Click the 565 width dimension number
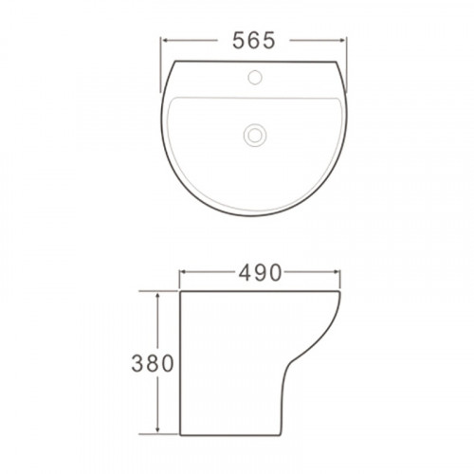[x=254, y=41]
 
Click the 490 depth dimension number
[x=260, y=273]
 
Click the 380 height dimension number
[x=153, y=363]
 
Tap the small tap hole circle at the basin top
[x=255, y=77]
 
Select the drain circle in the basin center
[x=255, y=135]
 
